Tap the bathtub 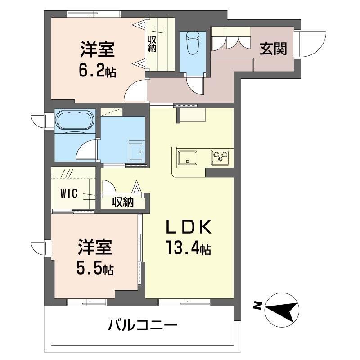coord(75,120)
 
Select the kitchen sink coord(187,157)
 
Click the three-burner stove coord(220,157)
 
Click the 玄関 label coord(273,49)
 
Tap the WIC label coord(69,193)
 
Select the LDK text coord(189,227)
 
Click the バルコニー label coord(143,325)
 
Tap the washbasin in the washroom coord(136,151)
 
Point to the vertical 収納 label coord(152,44)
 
